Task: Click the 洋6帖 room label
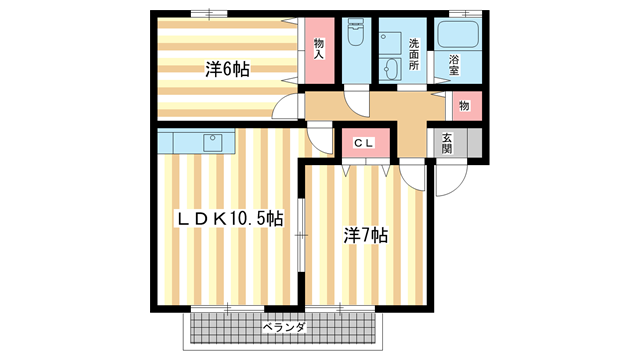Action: (228, 69)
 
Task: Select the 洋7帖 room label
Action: (367, 236)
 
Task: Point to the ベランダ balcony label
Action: (284, 327)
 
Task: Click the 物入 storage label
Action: (319, 49)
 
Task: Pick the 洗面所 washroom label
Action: (414, 52)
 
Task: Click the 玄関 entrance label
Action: (446, 143)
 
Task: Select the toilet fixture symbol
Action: (355, 38)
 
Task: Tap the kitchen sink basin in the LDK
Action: (213, 140)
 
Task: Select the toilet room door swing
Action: (355, 102)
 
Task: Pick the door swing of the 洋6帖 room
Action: (289, 106)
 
